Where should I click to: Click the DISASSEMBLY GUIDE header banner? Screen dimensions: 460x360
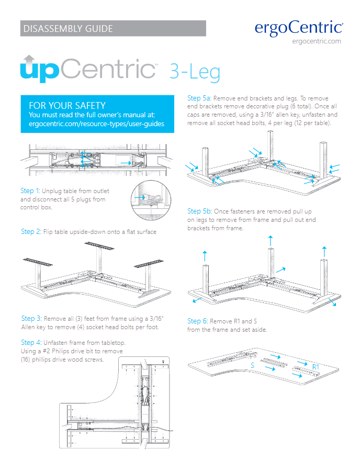pos(113,28)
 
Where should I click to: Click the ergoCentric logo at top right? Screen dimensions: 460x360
pos(299,27)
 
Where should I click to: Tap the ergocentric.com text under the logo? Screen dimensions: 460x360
pos(317,41)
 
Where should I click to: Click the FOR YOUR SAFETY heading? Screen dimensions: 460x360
pos(67,106)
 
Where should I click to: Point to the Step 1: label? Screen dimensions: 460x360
pos(30,191)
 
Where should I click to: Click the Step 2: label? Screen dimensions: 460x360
pos(31,231)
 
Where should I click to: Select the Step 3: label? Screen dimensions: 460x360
pos(31,318)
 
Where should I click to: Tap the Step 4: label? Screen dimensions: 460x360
pos(31,343)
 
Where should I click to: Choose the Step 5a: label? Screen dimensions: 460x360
pos(199,98)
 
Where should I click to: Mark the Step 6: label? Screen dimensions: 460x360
pos(197,321)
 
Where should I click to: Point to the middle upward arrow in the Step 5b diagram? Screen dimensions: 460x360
pos(270,241)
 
